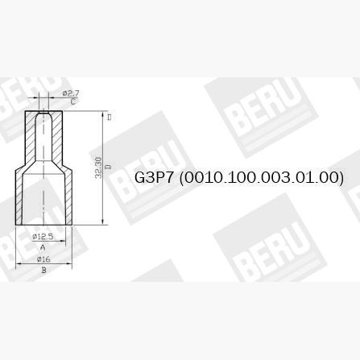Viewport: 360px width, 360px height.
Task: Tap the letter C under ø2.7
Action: tap(72, 102)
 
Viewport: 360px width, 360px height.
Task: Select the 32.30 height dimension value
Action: tap(98, 168)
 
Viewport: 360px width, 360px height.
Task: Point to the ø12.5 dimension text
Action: tap(43, 237)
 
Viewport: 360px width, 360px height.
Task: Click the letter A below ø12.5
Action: tap(43, 247)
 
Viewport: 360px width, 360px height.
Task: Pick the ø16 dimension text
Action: tap(43, 259)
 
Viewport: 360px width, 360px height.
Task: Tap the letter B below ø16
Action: tap(43, 271)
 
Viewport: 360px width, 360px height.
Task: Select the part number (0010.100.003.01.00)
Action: tap(263, 177)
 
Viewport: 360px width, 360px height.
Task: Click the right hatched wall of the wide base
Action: tap(68, 197)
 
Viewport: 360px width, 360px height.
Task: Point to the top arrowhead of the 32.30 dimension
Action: tap(104, 114)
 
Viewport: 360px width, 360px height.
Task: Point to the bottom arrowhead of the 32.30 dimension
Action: tap(104, 220)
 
